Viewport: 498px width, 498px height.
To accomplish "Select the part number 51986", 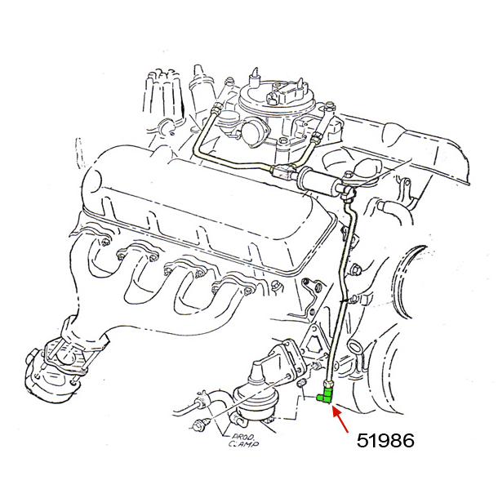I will [x=385, y=441].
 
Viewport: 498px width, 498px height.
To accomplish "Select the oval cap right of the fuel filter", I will [x=365, y=170].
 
